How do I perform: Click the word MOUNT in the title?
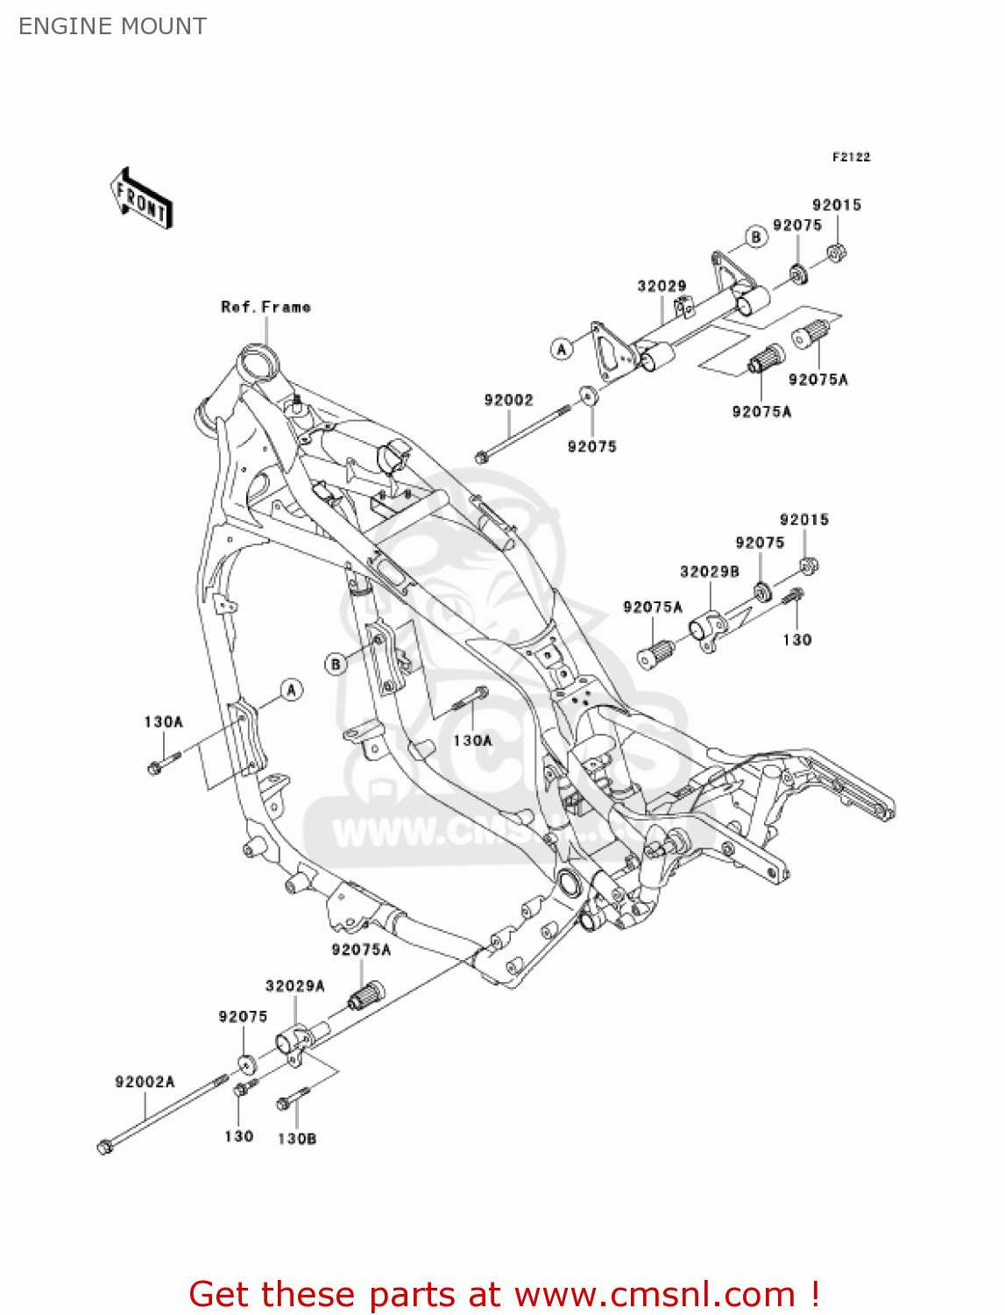point(165,26)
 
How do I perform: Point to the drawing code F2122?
point(851,157)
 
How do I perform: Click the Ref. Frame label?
point(265,307)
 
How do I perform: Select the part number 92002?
point(508,400)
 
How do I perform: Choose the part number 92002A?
point(145,1082)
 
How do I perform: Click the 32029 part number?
point(662,286)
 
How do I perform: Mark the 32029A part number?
point(294,985)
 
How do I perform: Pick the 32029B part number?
point(709,572)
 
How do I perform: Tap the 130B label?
point(296,1138)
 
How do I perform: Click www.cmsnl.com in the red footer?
point(655,1294)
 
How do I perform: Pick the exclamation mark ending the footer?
point(814,1294)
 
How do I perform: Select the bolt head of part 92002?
point(481,458)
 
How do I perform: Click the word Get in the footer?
point(222,1294)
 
